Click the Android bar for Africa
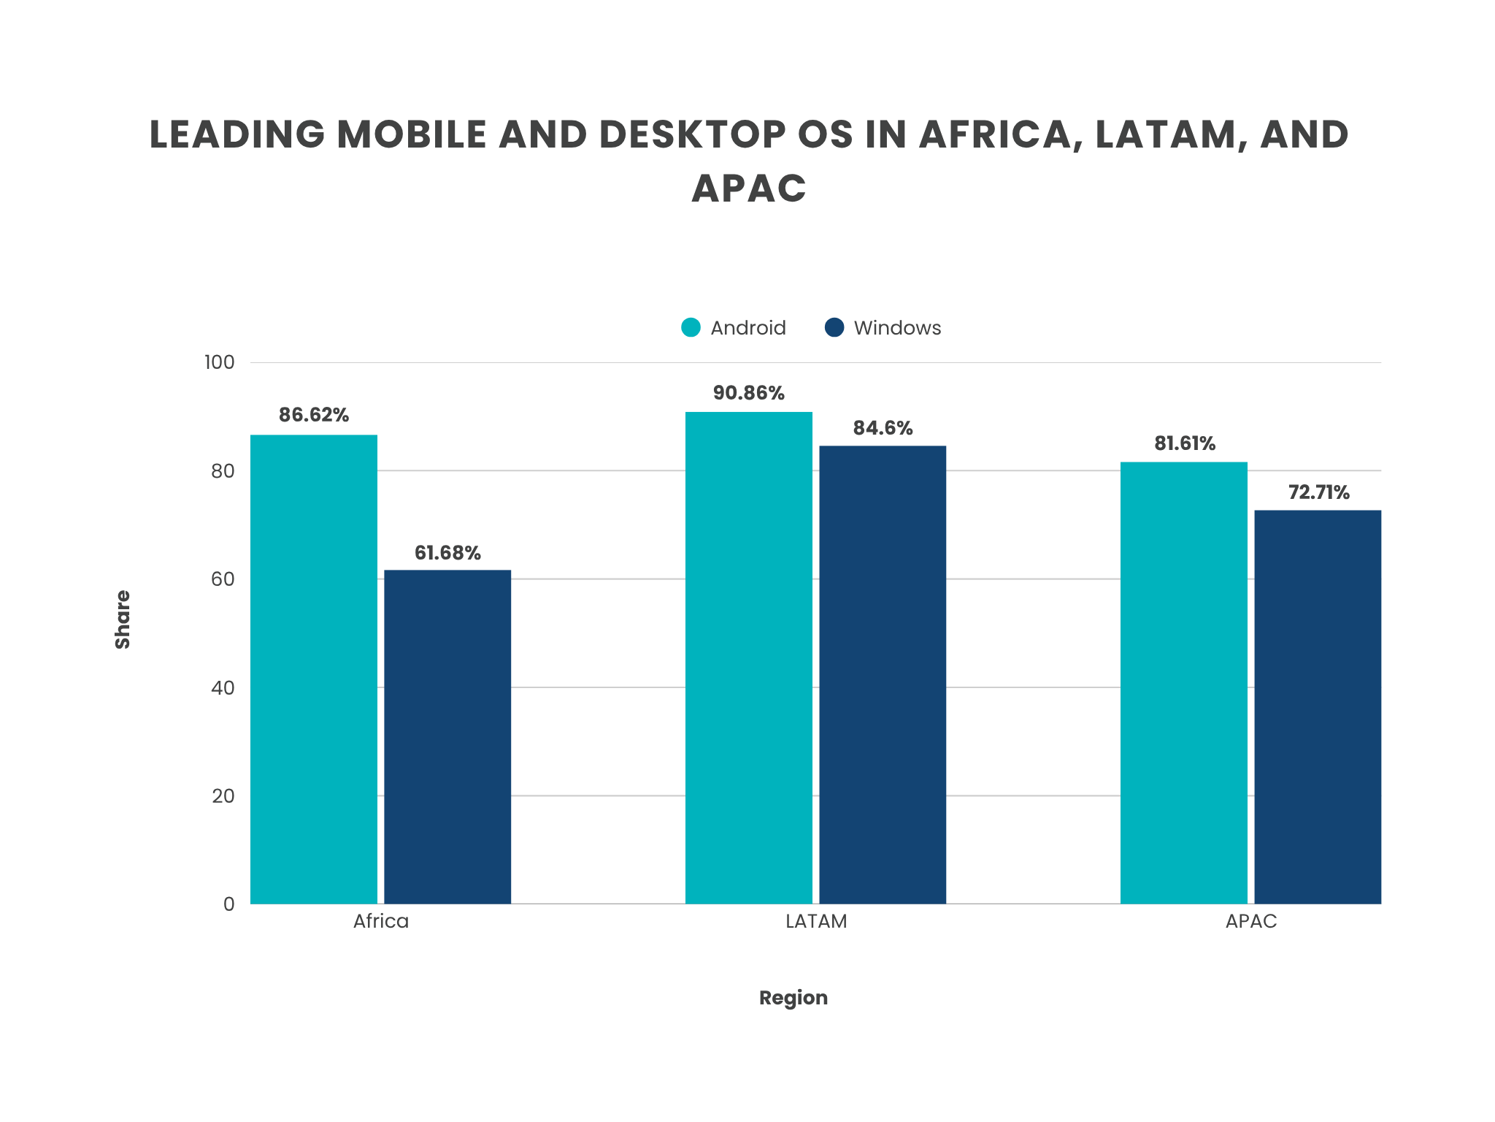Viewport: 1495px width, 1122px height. (314, 668)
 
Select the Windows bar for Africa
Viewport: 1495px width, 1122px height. (447, 736)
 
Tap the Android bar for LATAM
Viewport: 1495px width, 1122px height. (749, 657)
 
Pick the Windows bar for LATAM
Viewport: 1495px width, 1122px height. (883, 674)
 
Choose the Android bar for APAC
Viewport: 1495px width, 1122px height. (1184, 682)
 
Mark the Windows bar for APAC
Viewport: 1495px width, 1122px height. (1318, 706)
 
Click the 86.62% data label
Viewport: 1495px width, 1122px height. (314, 415)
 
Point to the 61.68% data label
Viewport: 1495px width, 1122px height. (447, 553)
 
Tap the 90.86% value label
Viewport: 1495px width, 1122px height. (749, 393)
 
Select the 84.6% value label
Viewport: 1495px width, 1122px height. (883, 427)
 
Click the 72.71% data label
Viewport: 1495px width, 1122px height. (1318, 492)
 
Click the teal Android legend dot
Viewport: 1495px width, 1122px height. (691, 327)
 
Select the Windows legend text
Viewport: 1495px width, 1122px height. (897, 328)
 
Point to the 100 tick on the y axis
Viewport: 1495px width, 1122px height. (220, 362)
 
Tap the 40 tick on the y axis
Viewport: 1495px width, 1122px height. (223, 687)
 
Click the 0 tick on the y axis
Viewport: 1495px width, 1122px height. (229, 904)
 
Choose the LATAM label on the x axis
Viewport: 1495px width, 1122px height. (816, 921)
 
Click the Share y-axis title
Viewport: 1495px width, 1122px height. (123, 619)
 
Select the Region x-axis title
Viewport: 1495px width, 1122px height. (793, 998)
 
